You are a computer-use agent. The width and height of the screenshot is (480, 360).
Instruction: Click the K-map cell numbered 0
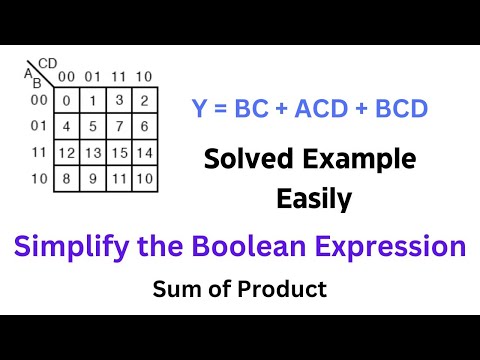(66, 101)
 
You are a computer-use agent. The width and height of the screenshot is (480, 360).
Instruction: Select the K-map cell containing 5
(92, 127)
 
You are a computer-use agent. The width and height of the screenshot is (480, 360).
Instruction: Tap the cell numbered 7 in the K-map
(119, 127)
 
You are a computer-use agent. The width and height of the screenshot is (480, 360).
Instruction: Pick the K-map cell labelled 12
(66, 153)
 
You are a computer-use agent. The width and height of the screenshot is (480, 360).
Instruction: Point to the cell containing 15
(119, 153)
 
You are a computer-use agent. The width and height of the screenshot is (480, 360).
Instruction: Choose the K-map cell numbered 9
(92, 179)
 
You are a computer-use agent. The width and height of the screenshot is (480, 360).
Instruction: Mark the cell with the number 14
(145, 153)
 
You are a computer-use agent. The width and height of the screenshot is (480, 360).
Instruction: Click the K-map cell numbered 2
(145, 101)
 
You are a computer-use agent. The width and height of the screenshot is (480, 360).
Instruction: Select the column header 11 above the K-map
(119, 77)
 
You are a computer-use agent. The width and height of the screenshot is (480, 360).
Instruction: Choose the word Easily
(314, 199)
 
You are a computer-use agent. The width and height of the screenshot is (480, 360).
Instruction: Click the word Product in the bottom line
(290, 290)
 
